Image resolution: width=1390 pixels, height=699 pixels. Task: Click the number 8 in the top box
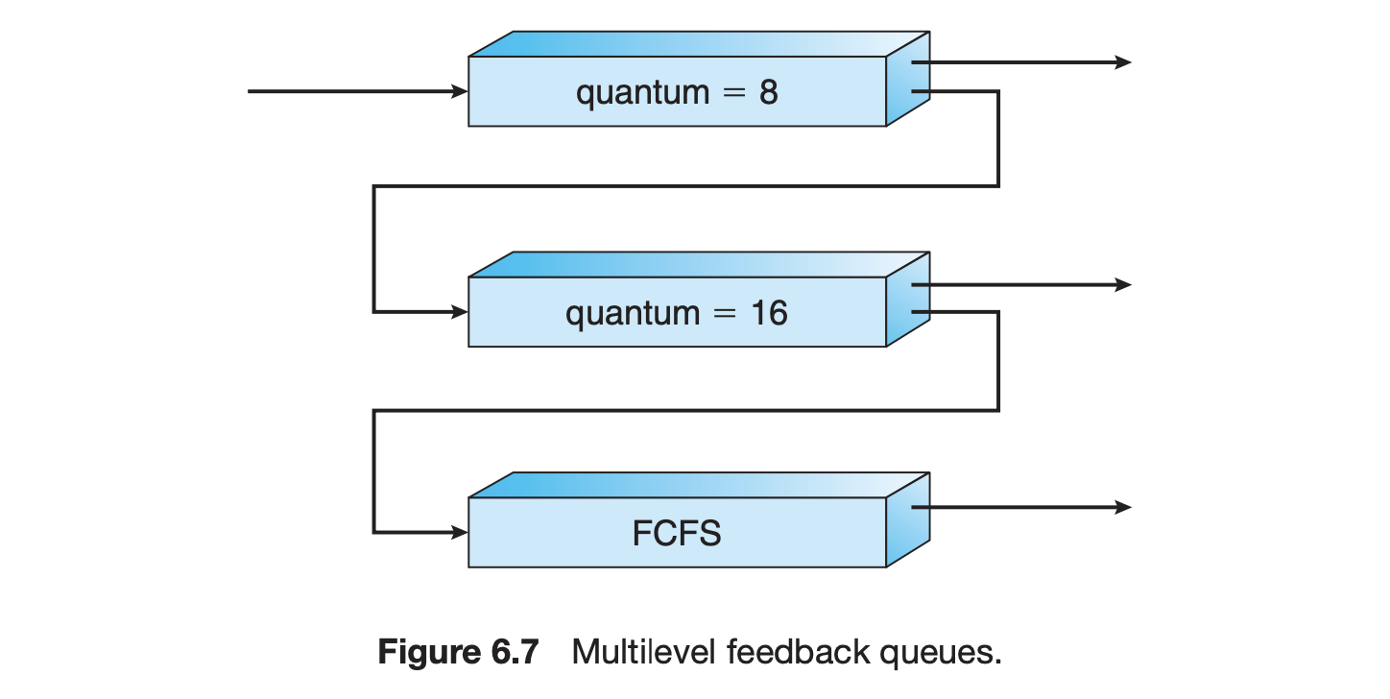click(768, 92)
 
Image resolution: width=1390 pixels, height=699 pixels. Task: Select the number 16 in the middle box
click(770, 313)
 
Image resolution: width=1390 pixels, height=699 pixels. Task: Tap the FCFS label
click(677, 533)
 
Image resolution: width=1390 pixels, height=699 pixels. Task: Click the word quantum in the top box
click(643, 94)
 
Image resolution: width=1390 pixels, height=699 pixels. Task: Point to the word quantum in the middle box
click(633, 314)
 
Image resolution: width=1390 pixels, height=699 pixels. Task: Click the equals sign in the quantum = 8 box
click(734, 93)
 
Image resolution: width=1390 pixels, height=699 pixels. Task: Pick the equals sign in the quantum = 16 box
click(725, 314)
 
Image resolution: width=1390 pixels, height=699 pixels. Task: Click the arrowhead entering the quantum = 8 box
click(460, 91)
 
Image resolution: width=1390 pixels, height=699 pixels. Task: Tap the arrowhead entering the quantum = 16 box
click(460, 312)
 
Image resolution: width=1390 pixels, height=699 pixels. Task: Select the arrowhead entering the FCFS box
click(460, 532)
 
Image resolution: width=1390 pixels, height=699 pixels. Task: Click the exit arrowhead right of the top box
click(1123, 62)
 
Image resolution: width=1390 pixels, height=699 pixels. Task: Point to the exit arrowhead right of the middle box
click(1123, 285)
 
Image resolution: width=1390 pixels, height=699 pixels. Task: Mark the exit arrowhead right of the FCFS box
click(1123, 507)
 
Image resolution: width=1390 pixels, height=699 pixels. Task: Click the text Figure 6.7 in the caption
click(458, 653)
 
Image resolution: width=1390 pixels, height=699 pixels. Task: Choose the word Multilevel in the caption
click(643, 652)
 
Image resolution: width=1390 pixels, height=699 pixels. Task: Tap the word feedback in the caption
click(799, 652)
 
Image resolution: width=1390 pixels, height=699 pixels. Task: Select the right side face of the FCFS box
click(908, 519)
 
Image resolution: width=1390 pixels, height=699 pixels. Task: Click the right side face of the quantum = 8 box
click(908, 79)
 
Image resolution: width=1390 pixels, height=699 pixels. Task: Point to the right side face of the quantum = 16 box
click(908, 300)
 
